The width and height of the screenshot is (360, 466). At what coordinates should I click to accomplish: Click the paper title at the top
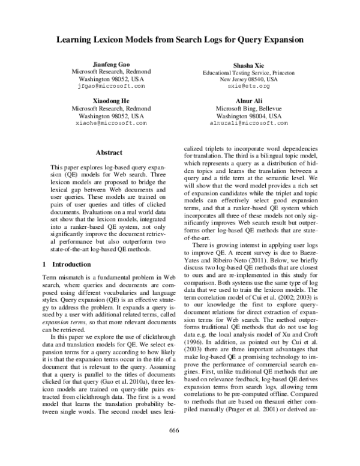180,40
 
